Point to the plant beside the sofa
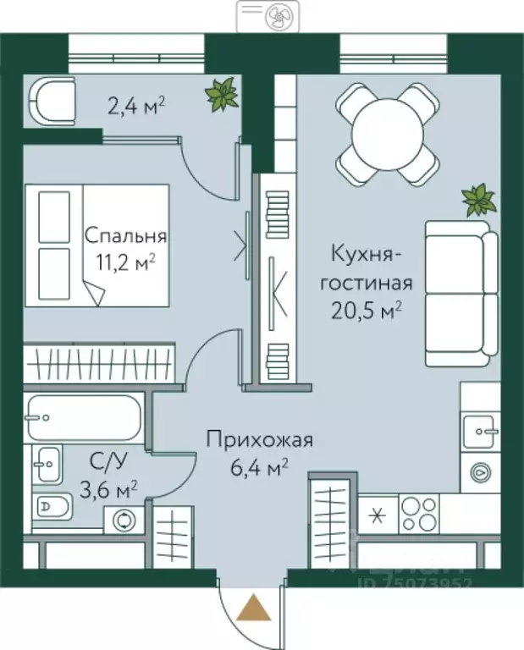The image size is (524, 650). tap(478, 201)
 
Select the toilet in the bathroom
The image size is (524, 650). tap(57, 507)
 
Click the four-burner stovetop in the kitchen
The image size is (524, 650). tap(418, 512)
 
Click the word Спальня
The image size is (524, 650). tap(125, 237)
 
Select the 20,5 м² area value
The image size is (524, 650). tap(367, 311)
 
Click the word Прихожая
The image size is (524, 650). tap(260, 440)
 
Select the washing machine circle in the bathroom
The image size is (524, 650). tap(126, 519)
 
